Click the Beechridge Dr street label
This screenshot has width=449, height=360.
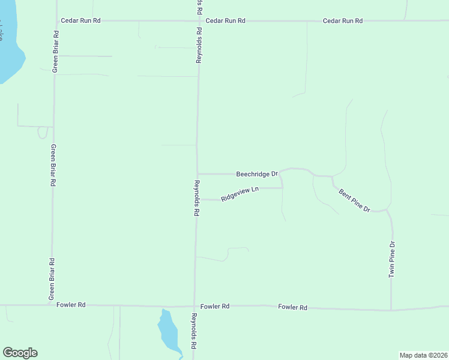256,174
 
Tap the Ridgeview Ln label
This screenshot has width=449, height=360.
240,194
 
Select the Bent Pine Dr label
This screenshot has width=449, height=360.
354,200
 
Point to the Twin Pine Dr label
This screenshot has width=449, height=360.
392,259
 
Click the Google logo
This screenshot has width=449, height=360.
20,353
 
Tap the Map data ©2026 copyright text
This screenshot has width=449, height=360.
423,355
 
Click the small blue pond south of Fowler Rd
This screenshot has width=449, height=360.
168,334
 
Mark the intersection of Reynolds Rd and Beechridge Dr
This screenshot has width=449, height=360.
197,174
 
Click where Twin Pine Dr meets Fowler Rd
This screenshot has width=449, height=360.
391,310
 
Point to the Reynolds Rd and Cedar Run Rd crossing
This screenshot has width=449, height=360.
199,20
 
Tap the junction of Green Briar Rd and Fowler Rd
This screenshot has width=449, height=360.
52,305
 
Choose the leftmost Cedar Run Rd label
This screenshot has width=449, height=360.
80,20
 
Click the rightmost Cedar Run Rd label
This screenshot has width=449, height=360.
343,21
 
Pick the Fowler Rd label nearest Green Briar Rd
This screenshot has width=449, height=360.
71,305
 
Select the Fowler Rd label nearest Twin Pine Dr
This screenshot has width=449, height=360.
292,307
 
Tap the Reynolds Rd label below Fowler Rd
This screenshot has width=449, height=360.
194,331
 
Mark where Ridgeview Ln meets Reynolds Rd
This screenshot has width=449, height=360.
197,199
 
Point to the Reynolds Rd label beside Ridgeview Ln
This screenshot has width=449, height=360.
196,198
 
